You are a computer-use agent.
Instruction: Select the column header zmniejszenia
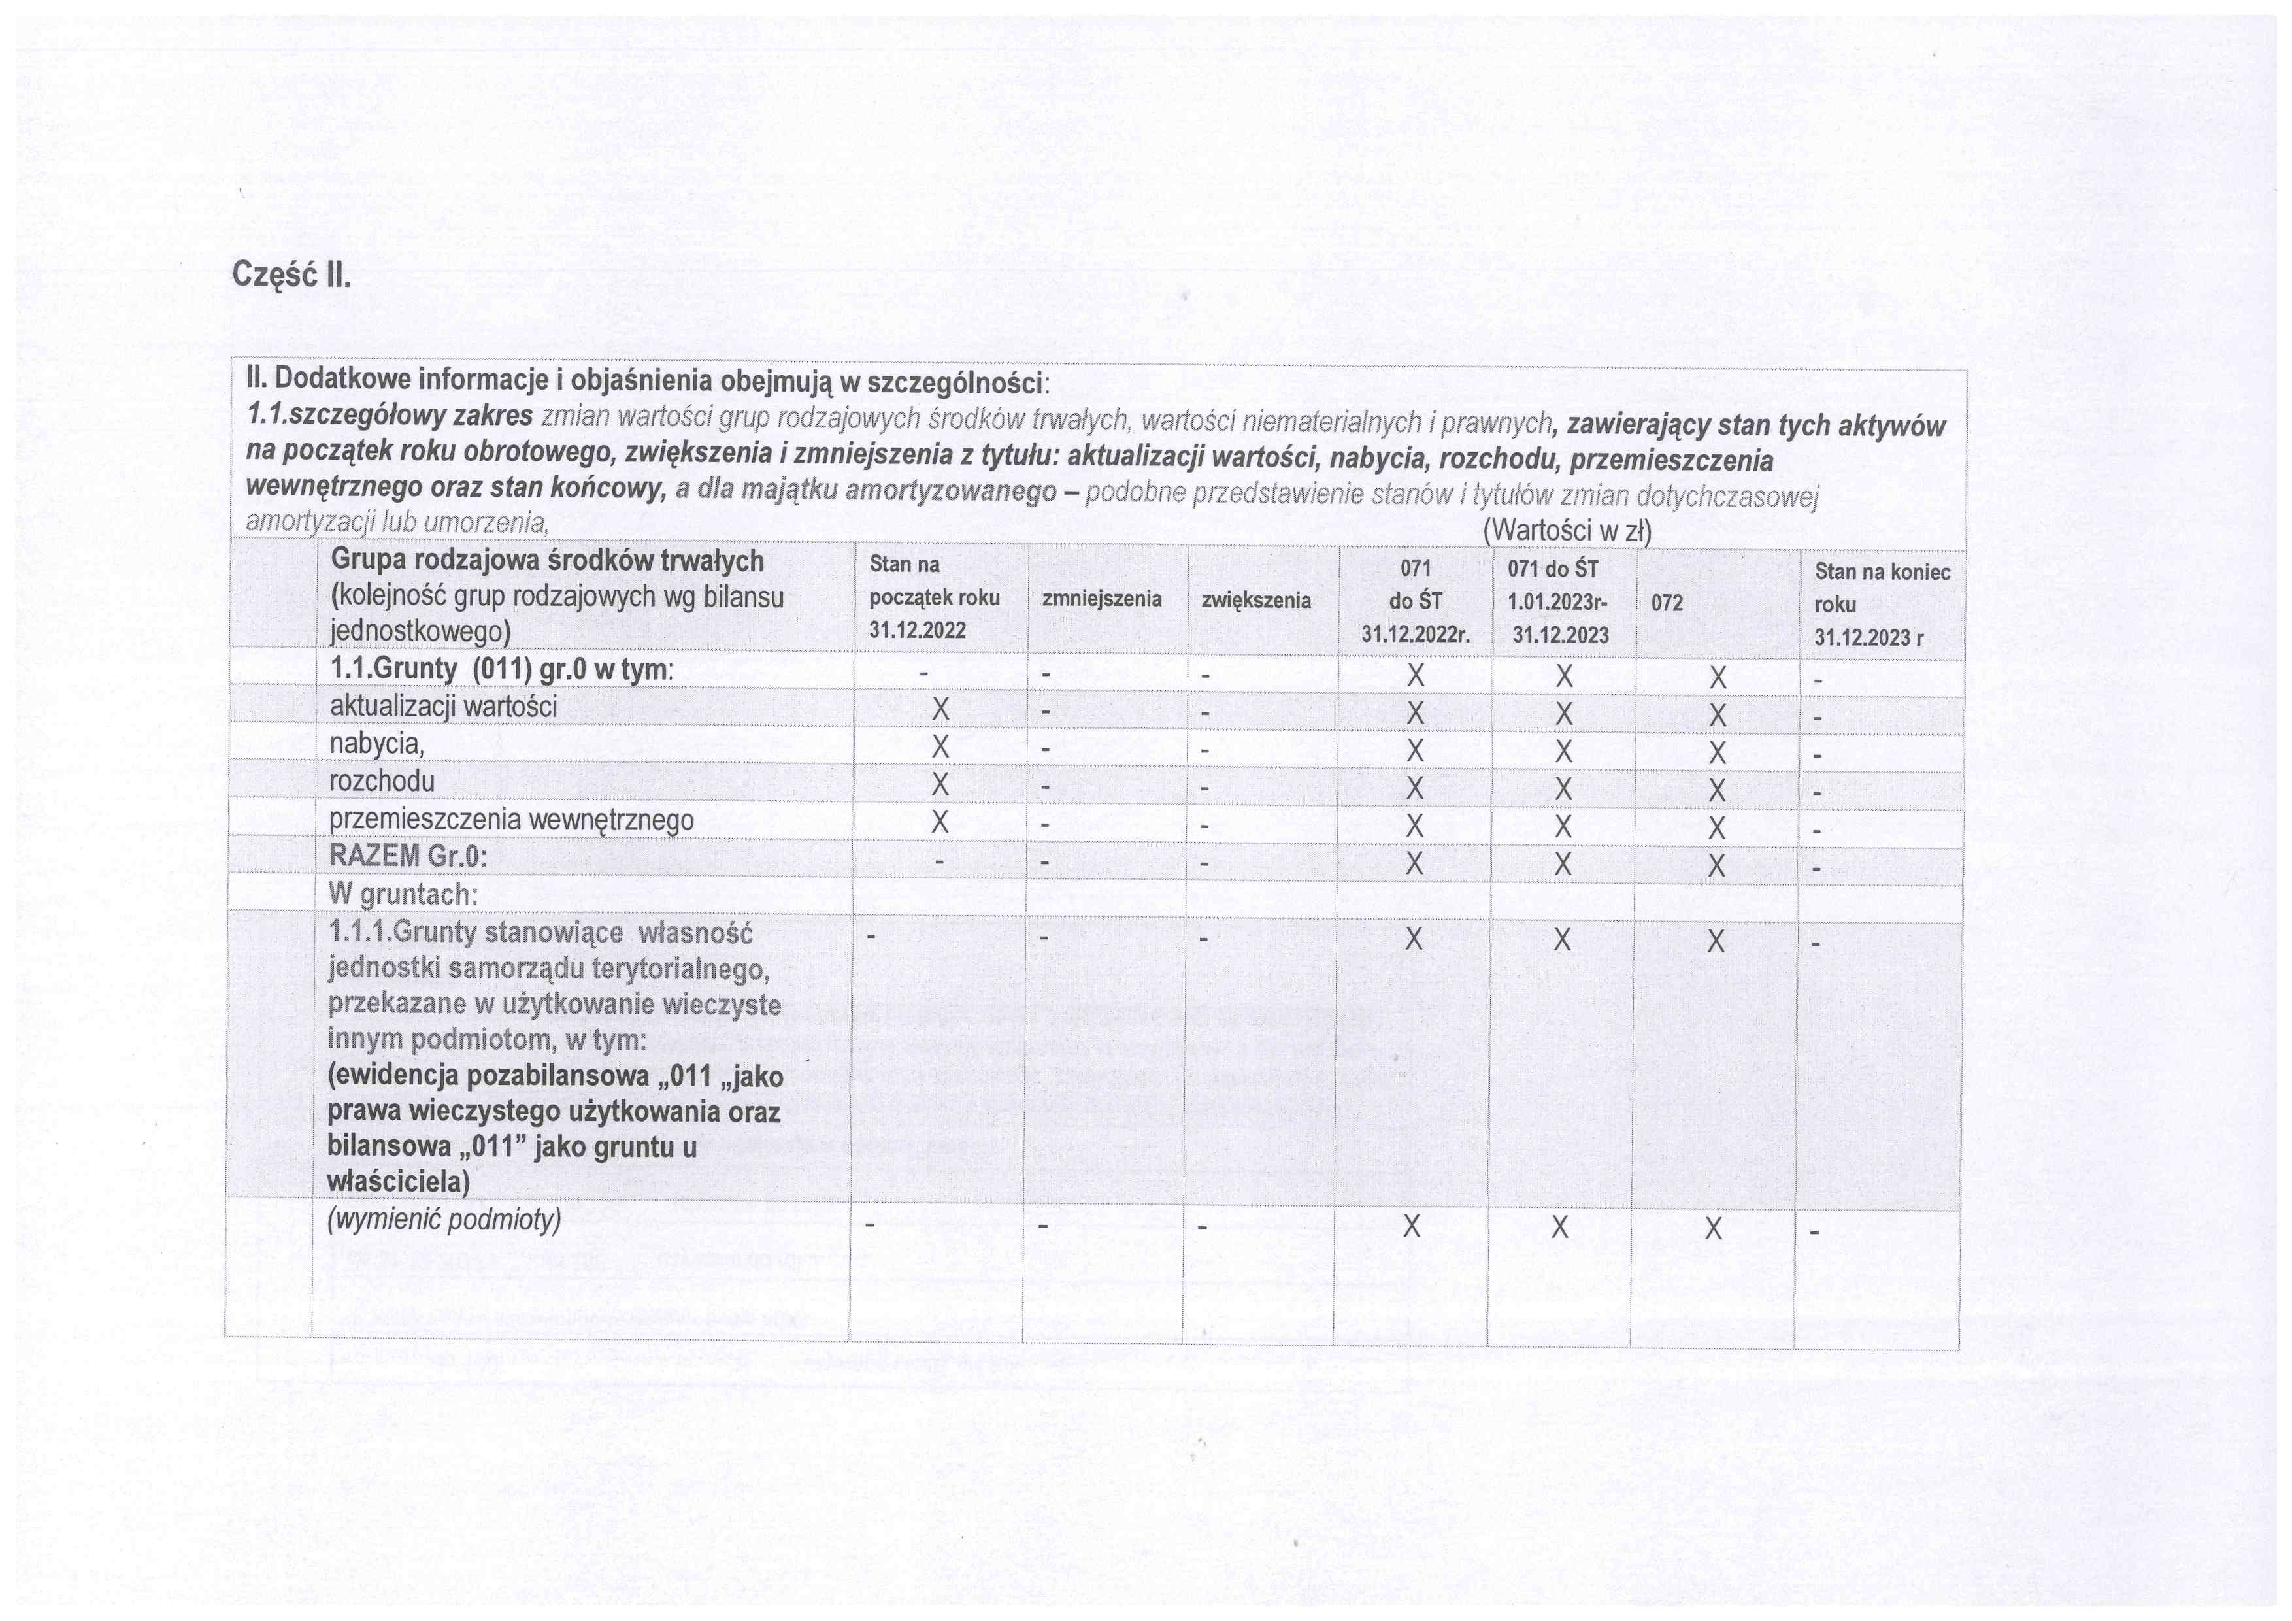[1101, 599]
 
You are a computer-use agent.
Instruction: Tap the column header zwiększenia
[1256, 600]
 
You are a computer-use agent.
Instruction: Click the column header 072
[1667, 603]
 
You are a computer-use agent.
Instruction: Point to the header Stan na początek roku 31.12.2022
[933, 597]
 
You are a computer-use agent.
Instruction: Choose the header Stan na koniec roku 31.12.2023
[1881, 604]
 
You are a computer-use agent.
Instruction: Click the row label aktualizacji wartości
[443, 707]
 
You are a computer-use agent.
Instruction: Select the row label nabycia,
[376, 744]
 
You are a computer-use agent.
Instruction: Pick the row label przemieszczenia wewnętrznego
[511, 820]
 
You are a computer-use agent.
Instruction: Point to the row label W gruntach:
[403, 894]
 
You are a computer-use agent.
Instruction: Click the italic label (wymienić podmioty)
[444, 1220]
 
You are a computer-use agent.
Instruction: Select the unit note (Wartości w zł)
[1567, 531]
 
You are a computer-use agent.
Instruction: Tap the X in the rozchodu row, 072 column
[1717, 790]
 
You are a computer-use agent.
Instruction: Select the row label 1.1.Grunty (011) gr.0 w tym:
[501, 669]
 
